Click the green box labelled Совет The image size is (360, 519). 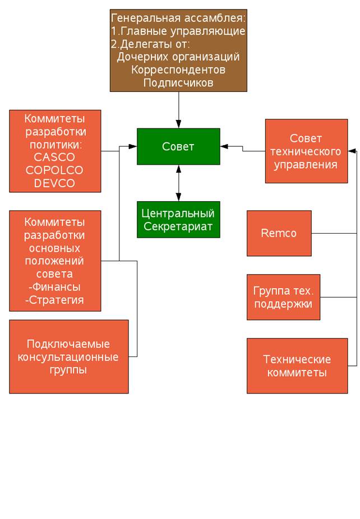click(x=178, y=146)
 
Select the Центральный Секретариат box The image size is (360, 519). click(x=178, y=219)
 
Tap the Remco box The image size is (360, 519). click(x=279, y=233)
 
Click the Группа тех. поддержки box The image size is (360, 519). click(x=283, y=297)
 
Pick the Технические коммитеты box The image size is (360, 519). click(x=297, y=365)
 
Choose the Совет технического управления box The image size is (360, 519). click(x=306, y=151)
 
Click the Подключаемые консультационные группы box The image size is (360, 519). click(x=68, y=356)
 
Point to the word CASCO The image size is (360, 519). click(x=54, y=157)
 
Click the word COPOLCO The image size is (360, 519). click(x=54, y=170)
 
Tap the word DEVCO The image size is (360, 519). click(x=54, y=183)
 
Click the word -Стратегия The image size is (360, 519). click(x=55, y=300)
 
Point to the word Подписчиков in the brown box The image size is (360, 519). click(x=178, y=82)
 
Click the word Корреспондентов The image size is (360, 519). click(x=178, y=69)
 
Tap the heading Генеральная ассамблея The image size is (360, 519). click(x=178, y=18)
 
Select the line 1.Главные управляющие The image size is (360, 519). click(x=178, y=31)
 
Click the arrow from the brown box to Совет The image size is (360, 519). click(x=179, y=109)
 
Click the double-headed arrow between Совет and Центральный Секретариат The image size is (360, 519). click(x=179, y=183)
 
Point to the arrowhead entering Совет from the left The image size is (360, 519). click(x=133, y=147)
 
